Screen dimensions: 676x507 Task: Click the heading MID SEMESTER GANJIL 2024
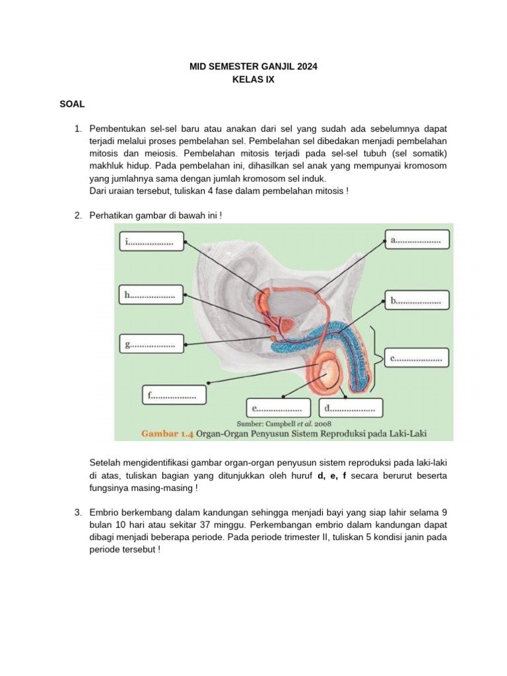click(x=253, y=67)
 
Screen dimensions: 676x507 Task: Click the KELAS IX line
click(x=253, y=80)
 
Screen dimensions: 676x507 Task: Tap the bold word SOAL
click(x=72, y=104)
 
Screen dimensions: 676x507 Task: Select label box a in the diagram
click(x=417, y=241)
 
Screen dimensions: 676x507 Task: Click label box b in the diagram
click(x=417, y=300)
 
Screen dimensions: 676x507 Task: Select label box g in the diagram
click(x=151, y=344)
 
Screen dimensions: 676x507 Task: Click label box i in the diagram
click(x=150, y=242)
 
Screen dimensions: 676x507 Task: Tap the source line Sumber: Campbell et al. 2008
click(x=284, y=422)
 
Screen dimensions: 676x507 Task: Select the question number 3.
click(x=78, y=512)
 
